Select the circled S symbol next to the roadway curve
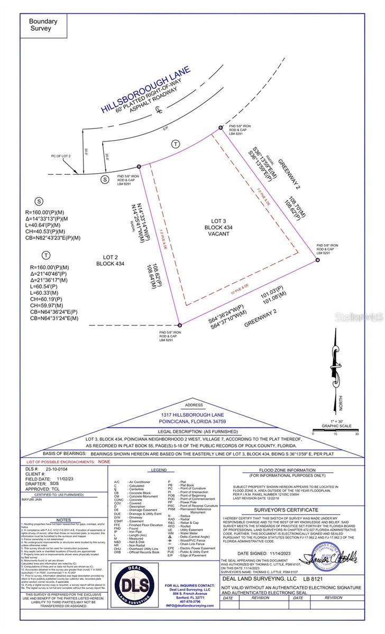point(105,180)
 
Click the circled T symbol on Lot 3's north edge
point(175,144)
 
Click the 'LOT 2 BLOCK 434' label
point(111,259)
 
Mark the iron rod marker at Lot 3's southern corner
point(179,325)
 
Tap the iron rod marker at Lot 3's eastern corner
point(318,260)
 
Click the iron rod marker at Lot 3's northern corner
point(221,128)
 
